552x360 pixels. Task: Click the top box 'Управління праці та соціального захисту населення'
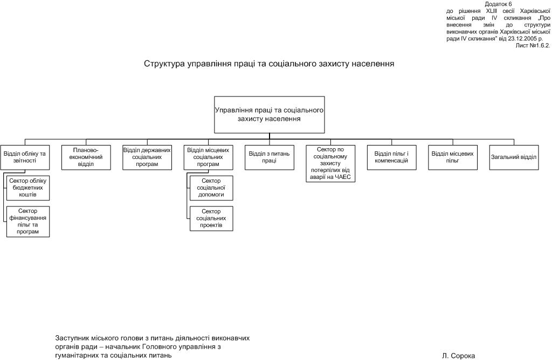(x=269, y=114)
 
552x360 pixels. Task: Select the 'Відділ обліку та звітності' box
(x=24, y=157)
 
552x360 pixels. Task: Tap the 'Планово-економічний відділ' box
(x=86, y=157)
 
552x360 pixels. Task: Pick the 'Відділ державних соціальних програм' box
(x=147, y=157)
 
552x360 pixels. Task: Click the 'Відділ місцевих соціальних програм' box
(x=208, y=157)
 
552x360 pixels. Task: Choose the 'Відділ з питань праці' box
(x=269, y=157)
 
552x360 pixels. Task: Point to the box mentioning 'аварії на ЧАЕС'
(x=330, y=164)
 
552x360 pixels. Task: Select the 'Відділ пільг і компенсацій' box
(x=391, y=157)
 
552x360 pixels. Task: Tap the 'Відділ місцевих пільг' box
(x=452, y=157)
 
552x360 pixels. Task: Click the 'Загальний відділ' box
(x=514, y=157)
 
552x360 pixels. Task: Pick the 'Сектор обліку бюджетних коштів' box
(x=29, y=187)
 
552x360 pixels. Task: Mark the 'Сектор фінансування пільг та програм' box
(x=29, y=221)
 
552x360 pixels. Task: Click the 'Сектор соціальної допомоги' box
(x=211, y=187)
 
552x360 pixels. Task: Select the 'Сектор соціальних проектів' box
(x=211, y=218)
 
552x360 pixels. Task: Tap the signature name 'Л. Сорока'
(x=458, y=356)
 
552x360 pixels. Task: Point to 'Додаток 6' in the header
(x=498, y=4)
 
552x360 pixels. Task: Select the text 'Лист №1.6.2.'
(x=533, y=46)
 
